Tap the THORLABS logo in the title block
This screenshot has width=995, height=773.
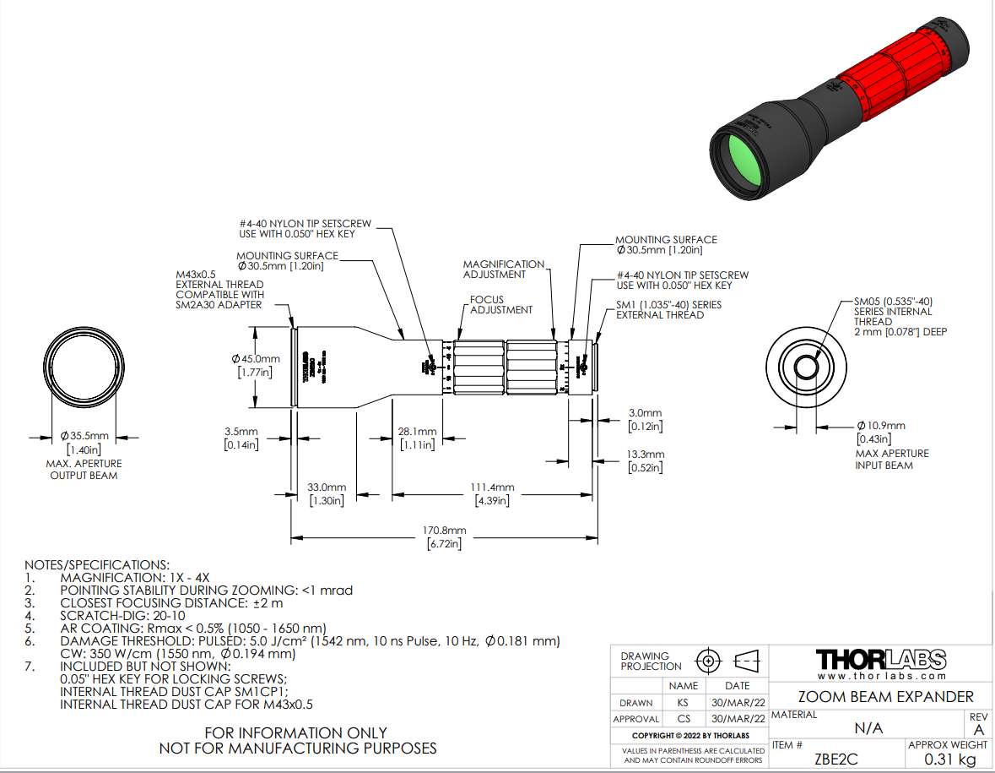tap(882, 659)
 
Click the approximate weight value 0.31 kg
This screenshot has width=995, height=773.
tap(946, 759)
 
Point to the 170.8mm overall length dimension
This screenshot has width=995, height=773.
tap(445, 531)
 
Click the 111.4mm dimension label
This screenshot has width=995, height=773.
tap(493, 488)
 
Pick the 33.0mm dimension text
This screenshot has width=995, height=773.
tap(327, 488)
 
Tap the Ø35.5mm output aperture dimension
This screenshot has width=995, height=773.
tap(84, 436)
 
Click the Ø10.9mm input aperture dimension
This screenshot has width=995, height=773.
tap(880, 425)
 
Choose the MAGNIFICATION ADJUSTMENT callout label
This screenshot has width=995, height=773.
tap(504, 269)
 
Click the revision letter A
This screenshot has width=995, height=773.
tap(978, 729)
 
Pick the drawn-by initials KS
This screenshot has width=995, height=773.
tap(683, 703)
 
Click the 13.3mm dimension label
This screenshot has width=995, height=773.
tap(646, 455)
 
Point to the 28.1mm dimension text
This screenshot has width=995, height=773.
tap(417, 432)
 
